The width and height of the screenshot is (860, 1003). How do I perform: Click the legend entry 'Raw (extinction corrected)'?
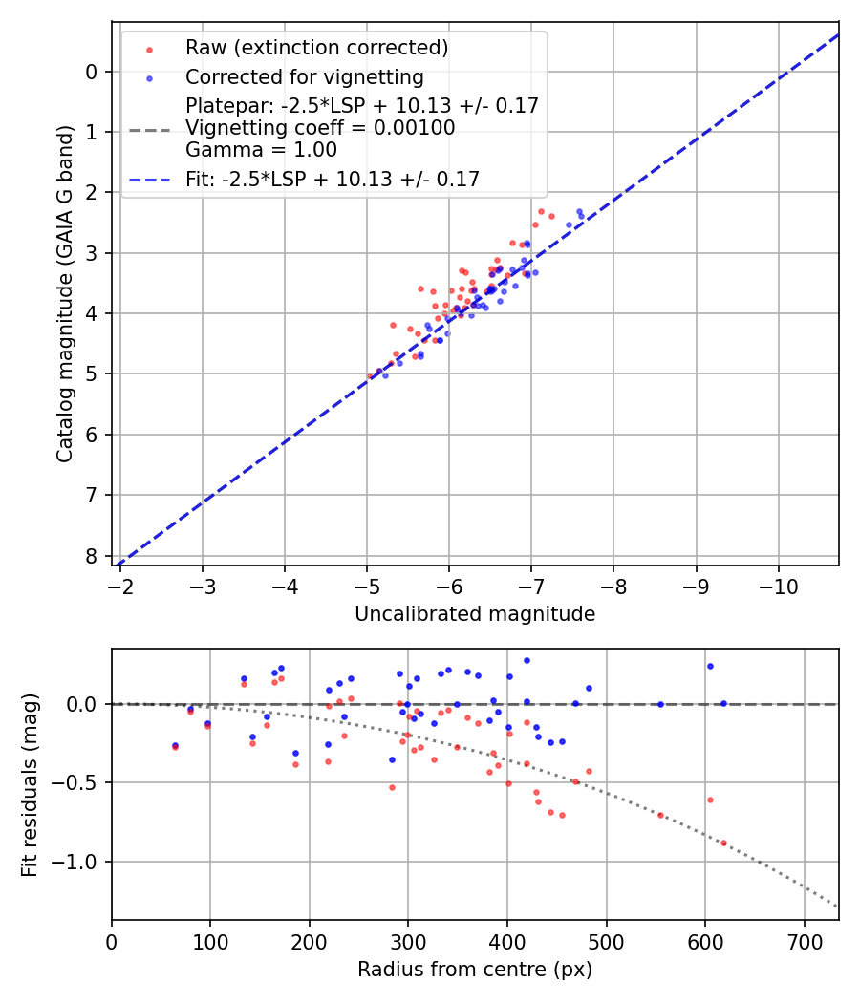pos(316,48)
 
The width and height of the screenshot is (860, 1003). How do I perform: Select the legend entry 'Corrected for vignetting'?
pos(304,76)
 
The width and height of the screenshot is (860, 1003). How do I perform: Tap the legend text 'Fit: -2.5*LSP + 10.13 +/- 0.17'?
pos(333,179)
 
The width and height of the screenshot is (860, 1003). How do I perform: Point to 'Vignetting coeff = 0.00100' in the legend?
pos(320,128)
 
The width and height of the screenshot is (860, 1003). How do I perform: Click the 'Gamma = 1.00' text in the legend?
pos(261,150)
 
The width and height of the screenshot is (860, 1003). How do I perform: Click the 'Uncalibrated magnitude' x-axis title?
pos(475,614)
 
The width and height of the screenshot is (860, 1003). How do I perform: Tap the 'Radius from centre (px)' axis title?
pos(475,970)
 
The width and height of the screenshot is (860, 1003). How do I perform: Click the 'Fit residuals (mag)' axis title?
pos(30,784)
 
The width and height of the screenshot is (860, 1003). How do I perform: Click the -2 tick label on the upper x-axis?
pos(120,585)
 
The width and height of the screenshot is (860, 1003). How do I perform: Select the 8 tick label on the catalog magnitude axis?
pos(92,556)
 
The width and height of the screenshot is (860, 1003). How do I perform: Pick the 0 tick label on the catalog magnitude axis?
pos(92,72)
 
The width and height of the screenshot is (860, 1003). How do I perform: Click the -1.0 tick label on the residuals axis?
pos(78,862)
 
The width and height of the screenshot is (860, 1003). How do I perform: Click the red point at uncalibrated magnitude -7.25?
pos(551,216)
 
